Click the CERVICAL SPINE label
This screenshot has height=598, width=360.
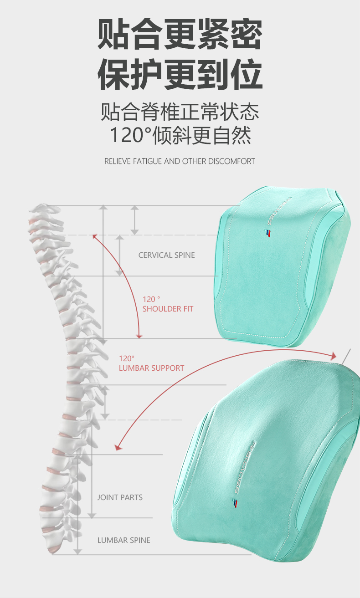click(x=166, y=255)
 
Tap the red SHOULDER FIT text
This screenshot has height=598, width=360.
click(x=168, y=309)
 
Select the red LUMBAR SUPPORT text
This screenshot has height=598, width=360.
click(x=151, y=368)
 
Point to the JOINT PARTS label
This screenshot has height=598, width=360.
click(x=120, y=497)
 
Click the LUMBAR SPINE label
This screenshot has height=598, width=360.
click(x=123, y=540)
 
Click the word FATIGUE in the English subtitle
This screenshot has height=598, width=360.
click(x=147, y=161)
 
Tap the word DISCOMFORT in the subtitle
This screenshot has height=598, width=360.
click(x=231, y=161)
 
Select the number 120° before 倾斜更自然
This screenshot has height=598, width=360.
click(x=130, y=135)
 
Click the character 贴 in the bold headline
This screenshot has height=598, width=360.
click(x=113, y=35)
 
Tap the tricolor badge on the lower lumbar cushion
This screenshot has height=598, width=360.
click(x=235, y=503)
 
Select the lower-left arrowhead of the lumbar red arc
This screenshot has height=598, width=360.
click(x=119, y=447)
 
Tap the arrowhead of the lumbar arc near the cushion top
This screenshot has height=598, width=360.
click(x=334, y=355)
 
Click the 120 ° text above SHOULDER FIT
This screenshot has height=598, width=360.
click(x=151, y=299)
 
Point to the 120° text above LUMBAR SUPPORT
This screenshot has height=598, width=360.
click(x=127, y=358)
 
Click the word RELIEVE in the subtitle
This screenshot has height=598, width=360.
click(x=118, y=161)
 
